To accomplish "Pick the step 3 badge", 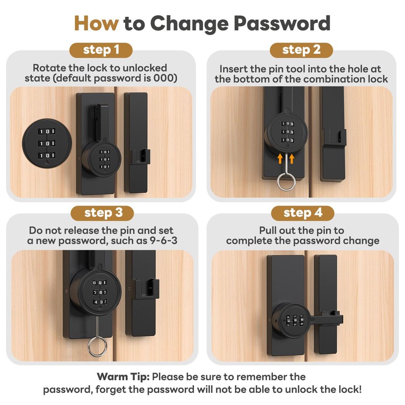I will pyautogui.click(x=101, y=213).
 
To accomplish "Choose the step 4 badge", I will pyautogui.click(x=302, y=213).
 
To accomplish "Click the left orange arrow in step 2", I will pyautogui.click(x=279, y=159).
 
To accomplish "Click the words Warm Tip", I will pyautogui.click(x=123, y=377).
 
